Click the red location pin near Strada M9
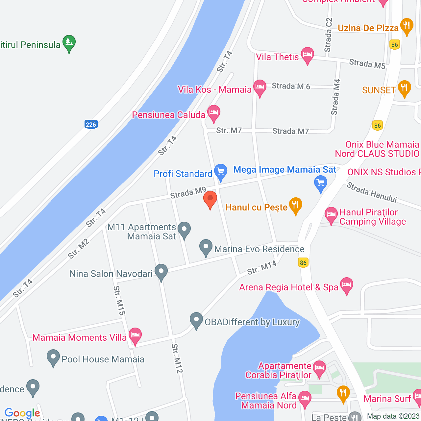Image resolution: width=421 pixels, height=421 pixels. [210, 199]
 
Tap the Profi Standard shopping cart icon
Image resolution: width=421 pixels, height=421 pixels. [221, 171]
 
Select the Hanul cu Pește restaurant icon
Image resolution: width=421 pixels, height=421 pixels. [296, 205]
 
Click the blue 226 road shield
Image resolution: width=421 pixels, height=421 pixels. [91, 124]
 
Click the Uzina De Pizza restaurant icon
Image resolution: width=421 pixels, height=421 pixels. [407, 26]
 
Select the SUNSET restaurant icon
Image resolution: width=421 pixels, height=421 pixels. [404, 88]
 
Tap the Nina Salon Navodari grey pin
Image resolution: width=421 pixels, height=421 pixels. [161, 272]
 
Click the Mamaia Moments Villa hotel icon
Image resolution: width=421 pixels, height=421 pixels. [135, 335]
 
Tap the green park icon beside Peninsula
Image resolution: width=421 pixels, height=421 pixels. [69, 42]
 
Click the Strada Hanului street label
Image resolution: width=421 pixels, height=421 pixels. [372, 192]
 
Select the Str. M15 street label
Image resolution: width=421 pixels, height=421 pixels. [119, 301]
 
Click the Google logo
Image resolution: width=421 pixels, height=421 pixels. [22, 413]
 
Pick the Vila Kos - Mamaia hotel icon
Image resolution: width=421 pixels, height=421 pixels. [260, 87]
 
